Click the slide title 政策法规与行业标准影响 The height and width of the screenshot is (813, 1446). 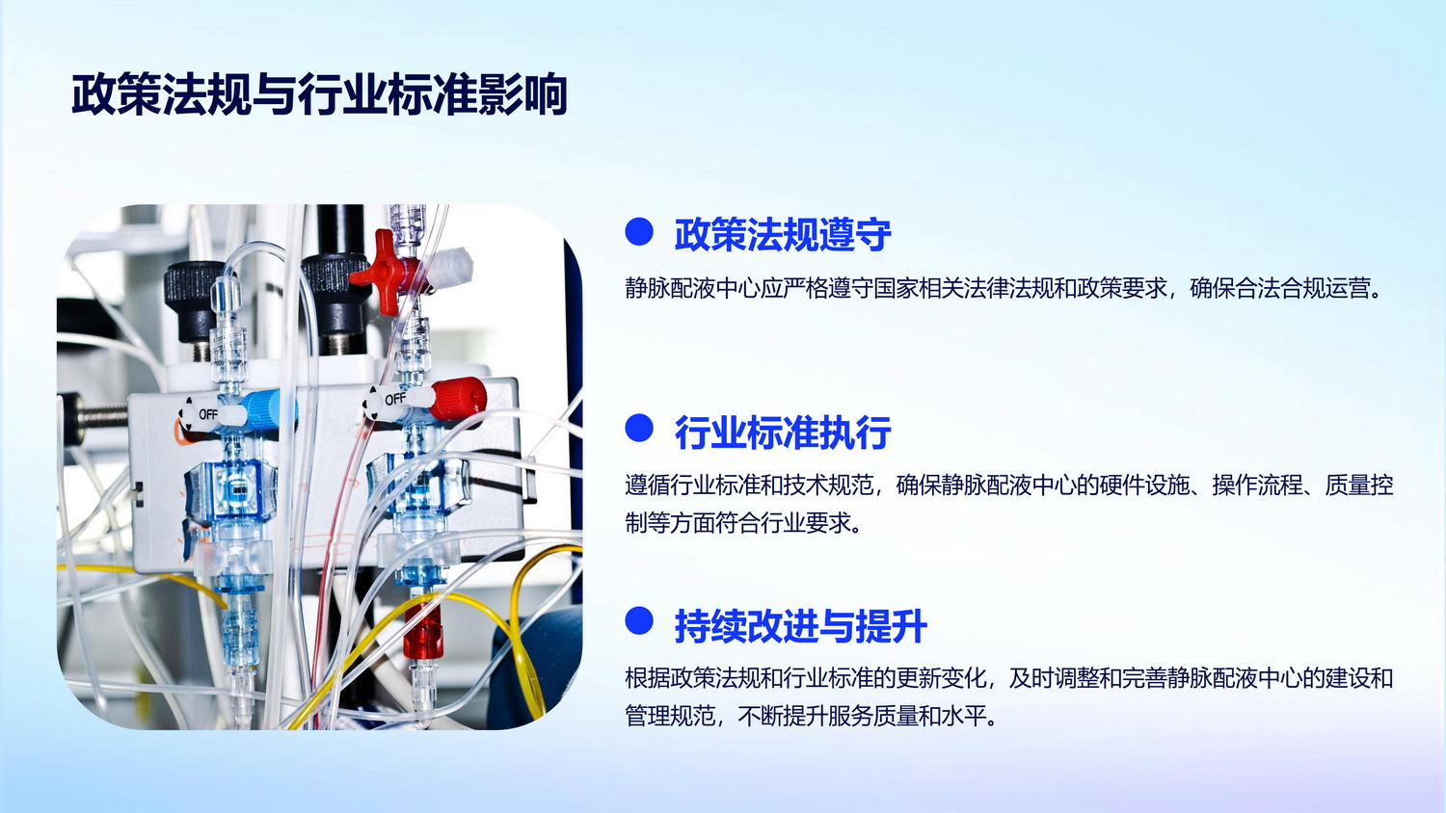pos(319,94)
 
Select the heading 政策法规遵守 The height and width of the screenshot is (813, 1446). pos(783,234)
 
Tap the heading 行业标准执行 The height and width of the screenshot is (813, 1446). pos(783,433)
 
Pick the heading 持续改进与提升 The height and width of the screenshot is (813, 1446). pos(800,626)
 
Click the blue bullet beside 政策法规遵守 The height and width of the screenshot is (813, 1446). pos(639,231)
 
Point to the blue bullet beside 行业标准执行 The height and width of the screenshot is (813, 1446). pos(639,428)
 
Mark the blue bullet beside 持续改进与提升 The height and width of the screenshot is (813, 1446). pos(639,620)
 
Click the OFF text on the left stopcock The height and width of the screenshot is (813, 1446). pos(208,414)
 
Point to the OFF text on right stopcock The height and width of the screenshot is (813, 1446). pos(395,399)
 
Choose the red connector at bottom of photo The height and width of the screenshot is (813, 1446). pos(423,630)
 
